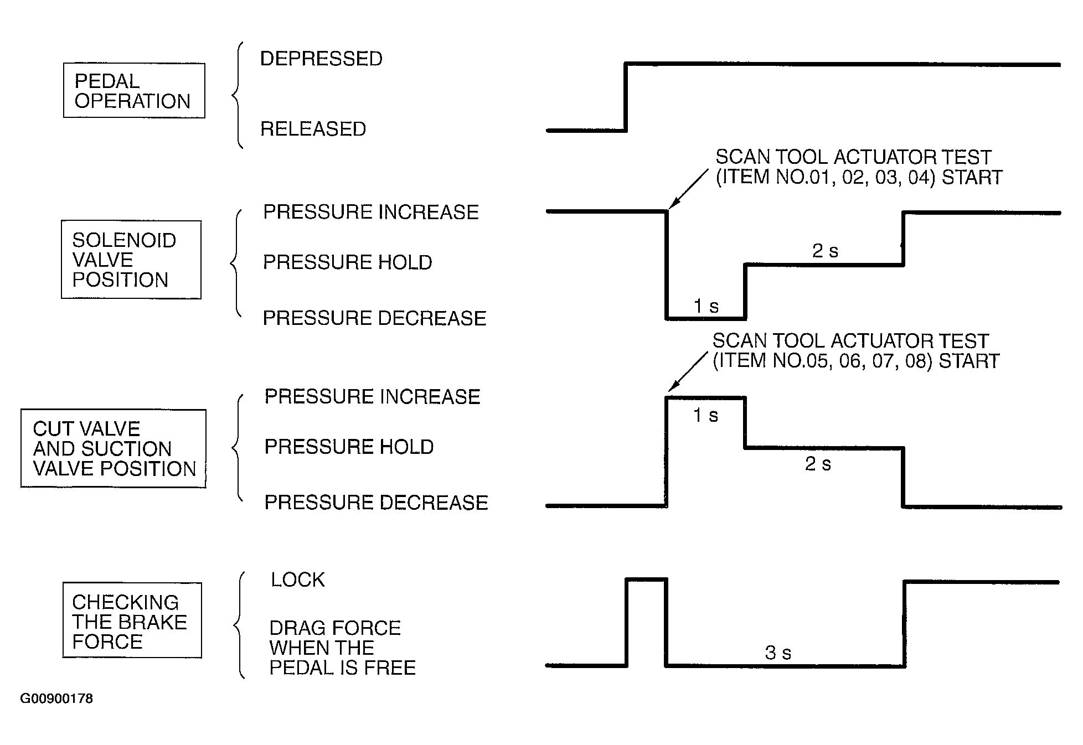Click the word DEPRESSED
[x=321, y=59]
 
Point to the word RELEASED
[x=313, y=129]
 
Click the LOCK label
[x=298, y=580]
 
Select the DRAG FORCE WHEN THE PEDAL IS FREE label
[x=342, y=648]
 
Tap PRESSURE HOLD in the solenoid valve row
[x=348, y=262]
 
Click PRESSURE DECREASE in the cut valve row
[x=377, y=502]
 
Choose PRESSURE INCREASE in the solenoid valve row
[x=371, y=212]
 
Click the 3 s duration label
[x=778, y=653]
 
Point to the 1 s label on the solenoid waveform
[x=706, y=306]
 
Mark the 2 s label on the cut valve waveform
[x=818, y=464]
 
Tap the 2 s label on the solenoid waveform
[x=825, y=251]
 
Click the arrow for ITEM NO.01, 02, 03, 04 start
[x=688, y=189]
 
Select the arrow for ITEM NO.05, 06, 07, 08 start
[x=688, y=372]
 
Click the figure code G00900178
[x=56, y=699]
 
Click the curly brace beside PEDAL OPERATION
[x=237, y=95]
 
